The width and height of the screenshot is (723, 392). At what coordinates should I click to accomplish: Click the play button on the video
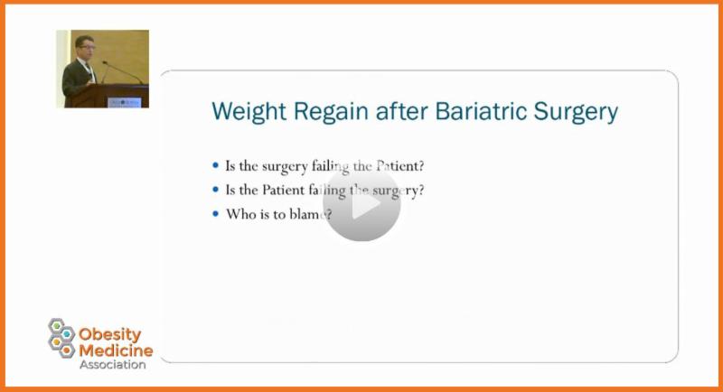click(x=361, y=202)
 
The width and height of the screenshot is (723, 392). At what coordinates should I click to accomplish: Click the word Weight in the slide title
click(x=249, y=112)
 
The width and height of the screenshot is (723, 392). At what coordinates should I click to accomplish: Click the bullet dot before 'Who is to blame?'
click(x=215, y=214)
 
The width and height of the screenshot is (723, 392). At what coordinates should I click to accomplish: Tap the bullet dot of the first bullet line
click(x=215, y=165)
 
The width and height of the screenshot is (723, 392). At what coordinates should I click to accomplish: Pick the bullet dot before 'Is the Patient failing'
click(x=215, y=189)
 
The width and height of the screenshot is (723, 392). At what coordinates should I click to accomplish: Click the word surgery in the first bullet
click(x=285, y=167)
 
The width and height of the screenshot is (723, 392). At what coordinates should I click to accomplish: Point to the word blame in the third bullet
click(x=307, y=214)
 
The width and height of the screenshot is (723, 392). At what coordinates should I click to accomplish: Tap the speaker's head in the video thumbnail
click(x=85, y=45)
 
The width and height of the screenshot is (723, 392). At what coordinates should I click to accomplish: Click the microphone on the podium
click(x=122, y=72)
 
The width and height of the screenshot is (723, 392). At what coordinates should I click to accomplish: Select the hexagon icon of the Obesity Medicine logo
click(x=61, y=338)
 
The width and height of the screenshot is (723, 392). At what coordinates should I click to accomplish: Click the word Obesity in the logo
click(x=109, y=335)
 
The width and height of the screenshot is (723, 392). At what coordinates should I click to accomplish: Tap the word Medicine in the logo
click(x=116, y=350)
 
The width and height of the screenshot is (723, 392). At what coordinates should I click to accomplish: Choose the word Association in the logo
click(x=112, y=364)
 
